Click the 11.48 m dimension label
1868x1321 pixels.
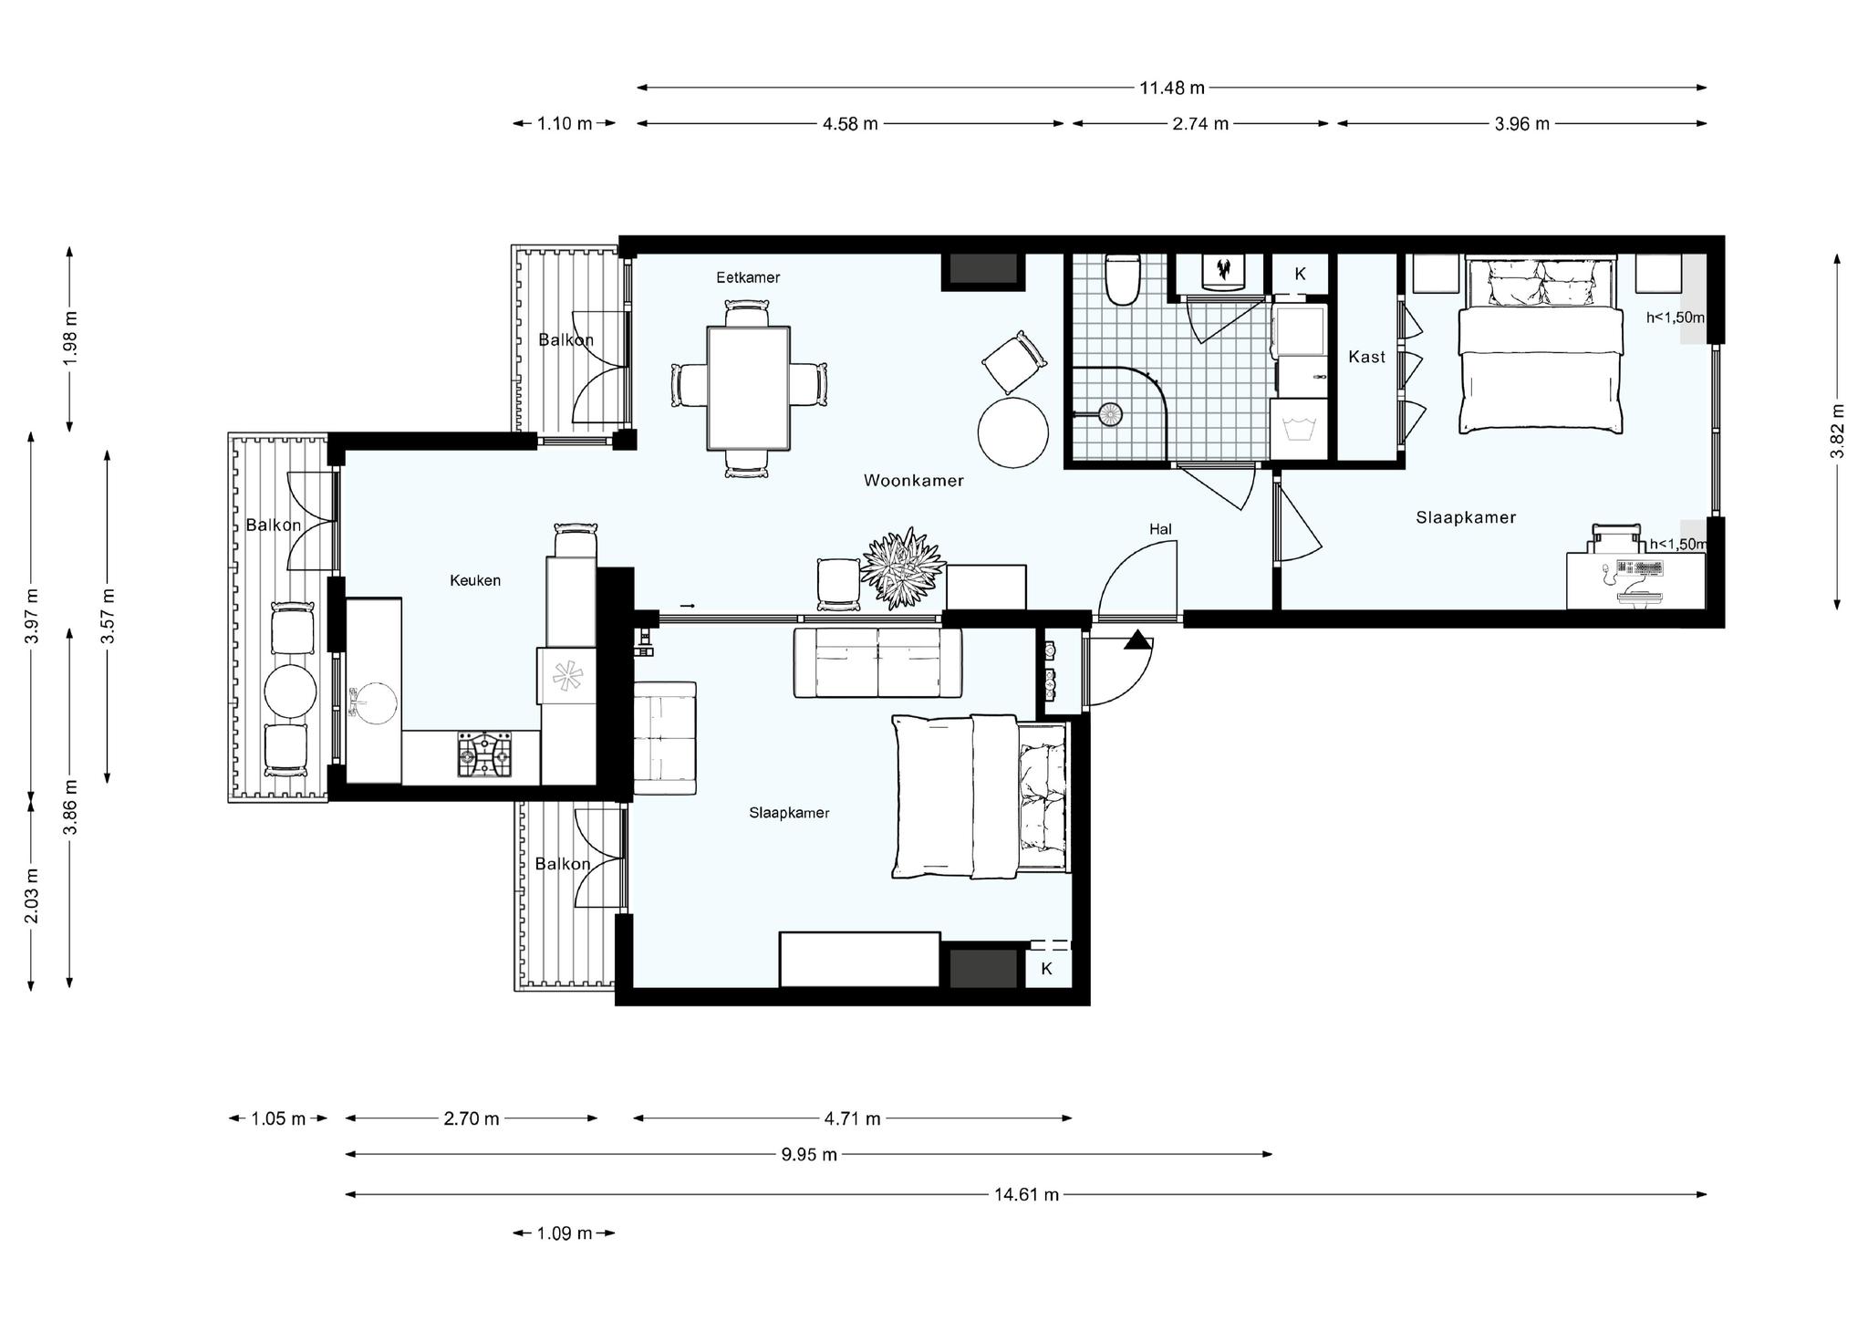pyautogui.click(x=1172, y=88)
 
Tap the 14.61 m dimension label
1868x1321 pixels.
pyautogui.click(x=1026, y=1194)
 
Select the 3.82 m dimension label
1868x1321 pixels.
pyautogui.click(x=1837, y=431)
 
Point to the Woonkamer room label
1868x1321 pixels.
pyautogui.click(x=913, y=481)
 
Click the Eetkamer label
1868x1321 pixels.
pyautogui.click(x=748, y=277)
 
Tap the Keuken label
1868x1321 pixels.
pyautogui.click(x=475, y=580)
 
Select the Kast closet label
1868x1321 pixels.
pyautogui.click(x=1366, y=357)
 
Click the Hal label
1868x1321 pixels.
pyautogui.click(x=1160, y=529)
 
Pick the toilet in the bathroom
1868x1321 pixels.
pyautogui.click(x=1123, y=279)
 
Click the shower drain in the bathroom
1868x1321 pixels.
pyautogui.click(x=1110, y=414)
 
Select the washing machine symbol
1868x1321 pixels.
pyautogui.click(x=1299, y=429)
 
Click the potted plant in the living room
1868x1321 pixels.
pyautogui.click(x=902, y=567)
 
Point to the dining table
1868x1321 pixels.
pyautogui.click(x=749, y=388)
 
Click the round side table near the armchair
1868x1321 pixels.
pyautogui.click(x=1012, y=432)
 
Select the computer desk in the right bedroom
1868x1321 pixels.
pyautogui.click(x=1635, y=579)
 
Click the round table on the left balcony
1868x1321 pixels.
pyautogui.click(x=291, y=691)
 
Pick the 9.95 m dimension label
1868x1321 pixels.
pyautogui.click(x=809, y=1154)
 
